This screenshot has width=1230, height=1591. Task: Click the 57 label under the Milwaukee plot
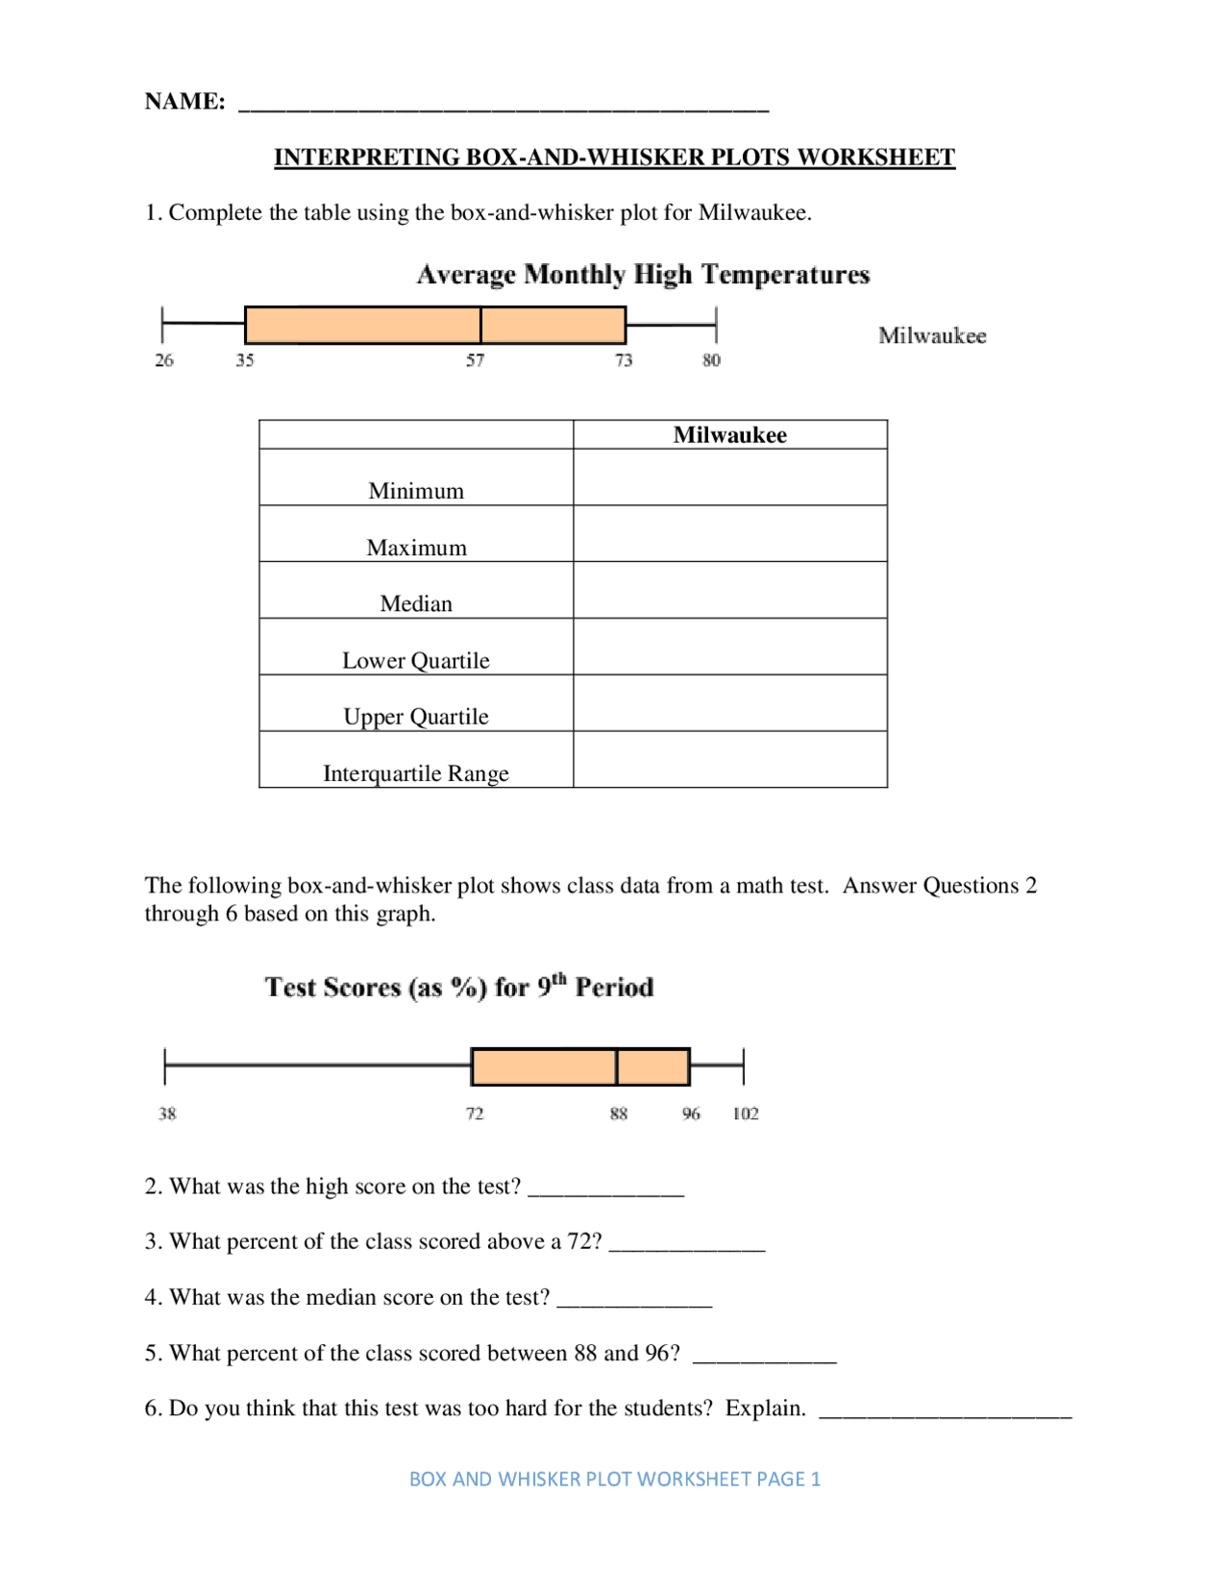coord(476,360)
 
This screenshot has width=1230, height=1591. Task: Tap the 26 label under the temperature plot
coord(164,360)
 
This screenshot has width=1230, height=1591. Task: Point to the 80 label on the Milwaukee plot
coord(711,360)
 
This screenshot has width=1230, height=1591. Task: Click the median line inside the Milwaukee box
coord(480,325)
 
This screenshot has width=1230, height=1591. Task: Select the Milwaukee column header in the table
coord(729,435)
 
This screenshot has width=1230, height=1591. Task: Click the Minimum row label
coord(416,491)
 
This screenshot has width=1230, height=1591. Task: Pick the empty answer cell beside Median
coord(729,590)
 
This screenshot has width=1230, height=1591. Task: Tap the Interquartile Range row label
coord(416,773)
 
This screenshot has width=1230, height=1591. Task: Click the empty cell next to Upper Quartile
coord(729,703)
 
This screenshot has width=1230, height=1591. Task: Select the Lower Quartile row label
coord(416,661)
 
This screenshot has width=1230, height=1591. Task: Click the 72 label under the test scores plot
coord(475,1114)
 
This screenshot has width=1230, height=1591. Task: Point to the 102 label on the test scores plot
coord(746,1114)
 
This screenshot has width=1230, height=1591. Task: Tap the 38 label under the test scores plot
coord(167,1114)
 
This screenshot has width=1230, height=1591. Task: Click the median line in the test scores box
coord(617,1066)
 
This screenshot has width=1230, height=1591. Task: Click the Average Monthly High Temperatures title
coord(643,275)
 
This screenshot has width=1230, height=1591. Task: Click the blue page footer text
coord(615,1479)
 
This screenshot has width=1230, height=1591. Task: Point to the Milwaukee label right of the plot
coord(932,335)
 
